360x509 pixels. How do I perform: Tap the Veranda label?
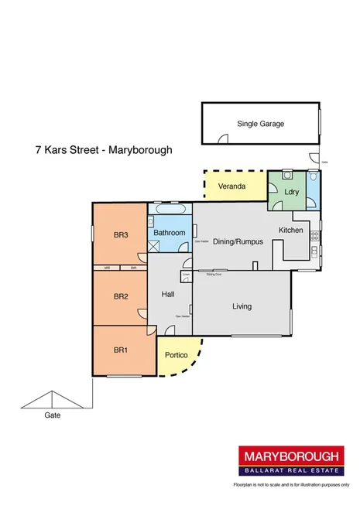coord(231,186)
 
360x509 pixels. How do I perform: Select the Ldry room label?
coord(292,192)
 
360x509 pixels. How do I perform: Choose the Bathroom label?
coord(169,232)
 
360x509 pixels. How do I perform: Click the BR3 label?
coord(120,235)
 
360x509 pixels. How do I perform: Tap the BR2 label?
coord(120,296)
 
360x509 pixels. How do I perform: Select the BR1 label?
coord(120,350)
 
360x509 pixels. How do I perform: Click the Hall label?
coord(169,295)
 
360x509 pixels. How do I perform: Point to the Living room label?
coord(242,306)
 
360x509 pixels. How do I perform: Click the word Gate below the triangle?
coord(52,415)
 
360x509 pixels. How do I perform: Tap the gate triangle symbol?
coord(52,399)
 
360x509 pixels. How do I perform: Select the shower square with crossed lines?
coord(154,246)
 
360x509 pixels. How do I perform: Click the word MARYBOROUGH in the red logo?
coord(291,456)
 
